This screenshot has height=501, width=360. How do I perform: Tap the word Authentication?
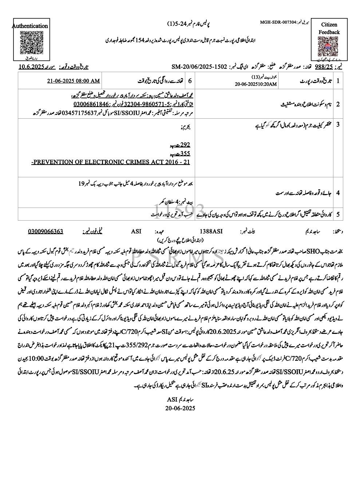coord(30,26)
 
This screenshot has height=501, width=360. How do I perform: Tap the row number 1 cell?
coord(338,80)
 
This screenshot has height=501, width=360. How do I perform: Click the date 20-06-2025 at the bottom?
coord(180,408)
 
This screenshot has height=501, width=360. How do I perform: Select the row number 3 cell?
coord(338,125)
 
